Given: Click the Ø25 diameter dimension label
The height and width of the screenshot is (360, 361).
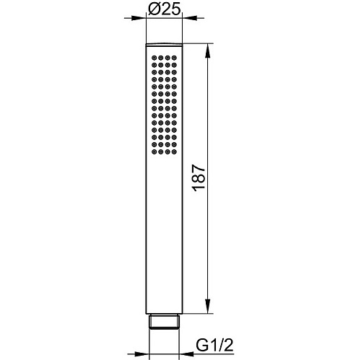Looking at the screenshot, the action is pyautogui.click(x=165, y=9).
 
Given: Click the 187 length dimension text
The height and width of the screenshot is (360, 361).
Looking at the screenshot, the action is pyautogui.click(x=199, y=178).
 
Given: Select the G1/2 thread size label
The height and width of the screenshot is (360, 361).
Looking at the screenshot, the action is pyautogui.click(x=214, y=346).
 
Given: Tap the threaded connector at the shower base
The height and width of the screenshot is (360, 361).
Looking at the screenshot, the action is pyautogui.click(x=165, y=322).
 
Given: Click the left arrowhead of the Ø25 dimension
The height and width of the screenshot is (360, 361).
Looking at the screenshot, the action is pyautogui.click(x=139, y=18).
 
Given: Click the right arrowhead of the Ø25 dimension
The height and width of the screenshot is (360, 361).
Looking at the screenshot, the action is pyautogui.click(x=190, y=18).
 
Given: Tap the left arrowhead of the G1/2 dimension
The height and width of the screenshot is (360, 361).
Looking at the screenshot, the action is pyautogui.click(x=142, y=354).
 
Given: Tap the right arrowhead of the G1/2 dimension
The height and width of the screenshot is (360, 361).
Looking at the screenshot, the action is pyautogui.click(x=187, y=354).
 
